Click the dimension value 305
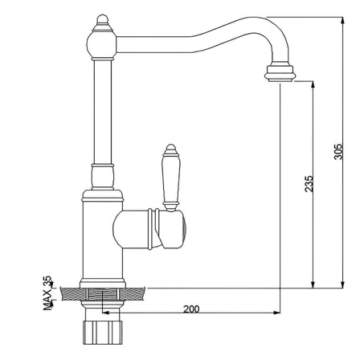[x=338, y=152]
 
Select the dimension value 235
[x=309, y=184]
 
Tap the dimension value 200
[x=191, y=309]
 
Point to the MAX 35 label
[x=47, y=292]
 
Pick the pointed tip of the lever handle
[x=170, y=145]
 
